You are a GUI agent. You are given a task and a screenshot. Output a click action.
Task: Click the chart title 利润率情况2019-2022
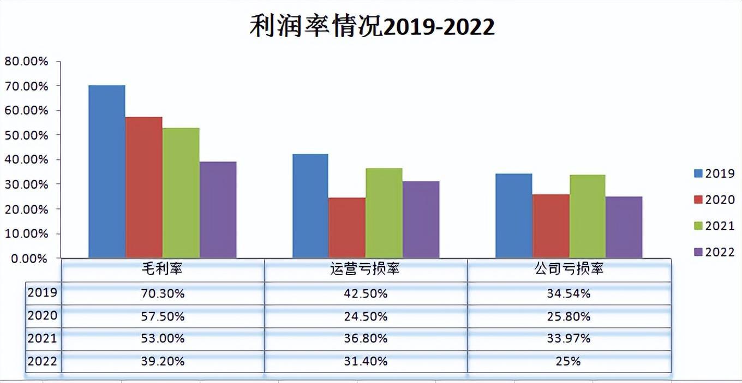tap(372, 26)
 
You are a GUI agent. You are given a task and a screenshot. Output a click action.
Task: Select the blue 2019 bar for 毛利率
tap(107, 171)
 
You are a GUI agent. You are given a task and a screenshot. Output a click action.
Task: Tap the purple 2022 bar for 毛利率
tap(218, 210)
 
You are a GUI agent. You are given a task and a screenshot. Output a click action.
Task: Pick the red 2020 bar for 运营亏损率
tap(347, 228)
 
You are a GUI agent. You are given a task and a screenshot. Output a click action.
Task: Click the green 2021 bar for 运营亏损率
tap(384, 213)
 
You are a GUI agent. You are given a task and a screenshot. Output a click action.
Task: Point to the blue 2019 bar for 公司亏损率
tap(514, 216)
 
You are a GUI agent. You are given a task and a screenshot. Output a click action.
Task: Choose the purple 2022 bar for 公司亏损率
tap(624, 227)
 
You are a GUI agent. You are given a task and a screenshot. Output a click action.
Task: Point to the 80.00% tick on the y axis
tap(26, 61)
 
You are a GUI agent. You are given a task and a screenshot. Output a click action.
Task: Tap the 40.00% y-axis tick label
tap(26, 160)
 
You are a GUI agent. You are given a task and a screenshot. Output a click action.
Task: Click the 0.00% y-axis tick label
tap(28, 259)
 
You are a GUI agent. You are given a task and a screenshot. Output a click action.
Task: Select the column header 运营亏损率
tap(366, 269)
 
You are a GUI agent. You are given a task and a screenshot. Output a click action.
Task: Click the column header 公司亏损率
tap(569, 269)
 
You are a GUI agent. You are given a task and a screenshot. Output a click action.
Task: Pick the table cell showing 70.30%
tap(163, 294)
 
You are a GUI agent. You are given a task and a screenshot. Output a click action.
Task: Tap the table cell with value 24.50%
tap(366, 316)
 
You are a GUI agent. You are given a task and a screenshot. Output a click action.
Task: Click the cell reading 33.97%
tap(569, 339)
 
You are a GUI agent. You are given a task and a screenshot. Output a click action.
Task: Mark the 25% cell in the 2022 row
tap(569, 361)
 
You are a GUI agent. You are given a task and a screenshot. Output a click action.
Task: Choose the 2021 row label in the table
tap(43, 339)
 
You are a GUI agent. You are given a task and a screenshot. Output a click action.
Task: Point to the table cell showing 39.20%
tap(163, 361)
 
